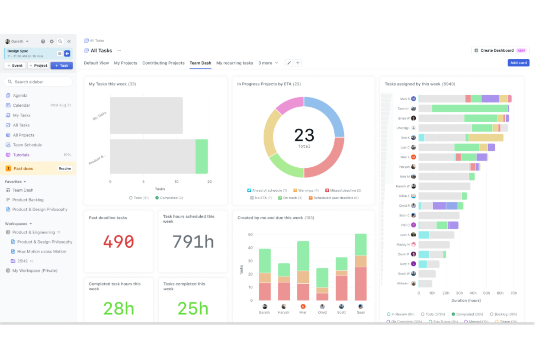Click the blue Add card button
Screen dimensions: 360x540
click(518, 63)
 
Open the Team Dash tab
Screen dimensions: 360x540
click(200, 63)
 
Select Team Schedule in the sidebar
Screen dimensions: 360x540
click(27, 145)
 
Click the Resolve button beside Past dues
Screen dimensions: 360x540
click(65, 169)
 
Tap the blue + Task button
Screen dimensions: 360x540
click(62, 66)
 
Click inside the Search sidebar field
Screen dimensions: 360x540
click(38, 82)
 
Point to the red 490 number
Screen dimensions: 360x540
click(119, 241)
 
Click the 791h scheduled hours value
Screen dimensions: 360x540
click(193, 241)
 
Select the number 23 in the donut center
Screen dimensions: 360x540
click(304, 135)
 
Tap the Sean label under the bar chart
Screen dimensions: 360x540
click(360, 312)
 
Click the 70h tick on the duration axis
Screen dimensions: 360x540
click(513, 293)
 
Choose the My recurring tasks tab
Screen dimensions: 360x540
click(235, 63)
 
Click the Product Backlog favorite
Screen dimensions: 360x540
click(28, 200)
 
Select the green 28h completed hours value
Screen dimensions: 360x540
click(119, 308)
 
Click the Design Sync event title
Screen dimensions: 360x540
click(18, 51)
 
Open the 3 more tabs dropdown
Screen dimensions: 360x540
click(268, 63)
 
